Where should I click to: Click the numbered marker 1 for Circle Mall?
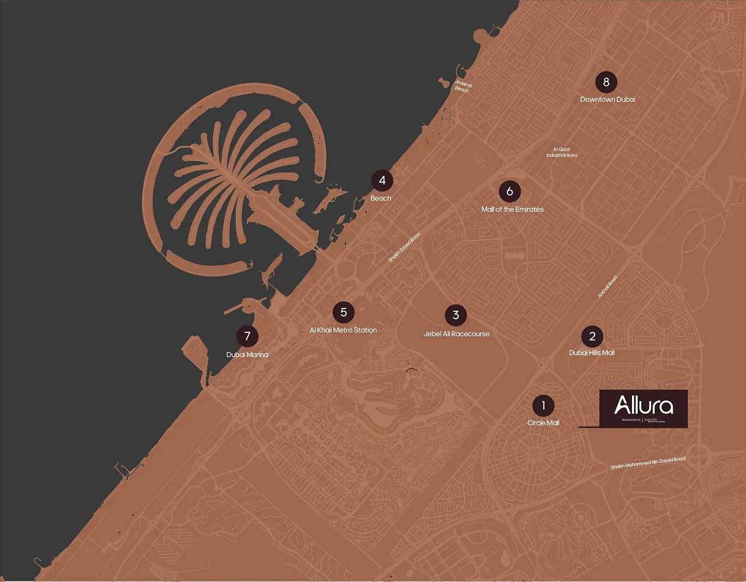click(543, 406)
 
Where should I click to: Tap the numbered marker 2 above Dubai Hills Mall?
click(592, 336)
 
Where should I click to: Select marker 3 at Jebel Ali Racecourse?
click(456, 315)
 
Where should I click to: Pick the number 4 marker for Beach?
click(382, 180)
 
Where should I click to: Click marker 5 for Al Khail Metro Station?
click(343, 313)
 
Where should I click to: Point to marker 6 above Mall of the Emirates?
click(510, 191)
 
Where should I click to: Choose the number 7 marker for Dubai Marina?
click(247, 336)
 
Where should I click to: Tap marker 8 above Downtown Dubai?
click(606, 82)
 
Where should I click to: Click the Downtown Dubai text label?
click(608, 100)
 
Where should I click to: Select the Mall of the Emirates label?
click(512, 210)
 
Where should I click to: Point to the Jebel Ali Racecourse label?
click(456, 334)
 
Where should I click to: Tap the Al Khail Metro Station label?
click(343, 330)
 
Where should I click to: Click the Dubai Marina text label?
click(247, 354)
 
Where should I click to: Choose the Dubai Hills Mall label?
click(592, 353)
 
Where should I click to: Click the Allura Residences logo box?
click(644, 409)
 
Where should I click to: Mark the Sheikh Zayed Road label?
click(404, 247)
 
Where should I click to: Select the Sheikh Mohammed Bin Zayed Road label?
click(648, 463)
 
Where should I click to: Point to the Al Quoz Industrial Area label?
click(562, 152)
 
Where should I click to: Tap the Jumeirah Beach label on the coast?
click(463, 86)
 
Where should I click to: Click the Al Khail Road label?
click(607, 287)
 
